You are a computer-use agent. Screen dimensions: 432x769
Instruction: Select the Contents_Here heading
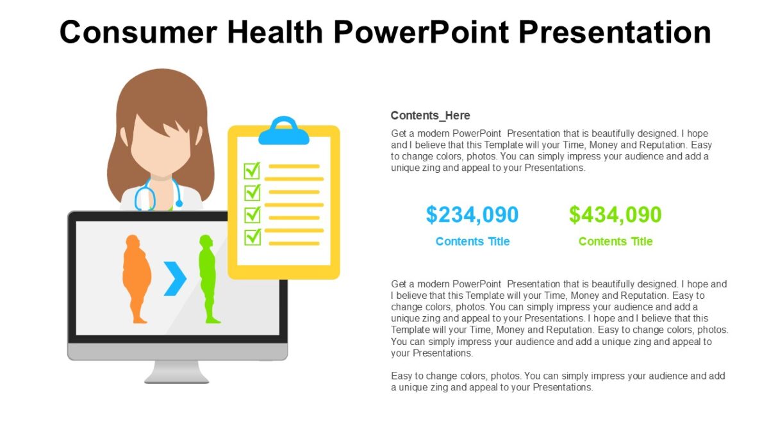[x=430, y=116]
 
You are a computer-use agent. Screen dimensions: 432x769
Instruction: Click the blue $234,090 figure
[x=472, y=215]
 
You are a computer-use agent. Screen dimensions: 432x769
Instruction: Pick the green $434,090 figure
[x=615, y=215]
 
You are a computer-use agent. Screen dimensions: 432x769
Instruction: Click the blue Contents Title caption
[x=472, y=241]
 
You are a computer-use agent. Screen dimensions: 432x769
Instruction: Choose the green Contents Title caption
[x=615, y=241]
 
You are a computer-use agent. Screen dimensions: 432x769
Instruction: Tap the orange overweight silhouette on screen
[x=136, y=275]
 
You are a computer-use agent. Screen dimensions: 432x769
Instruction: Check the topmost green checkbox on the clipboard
[x=252, y=170]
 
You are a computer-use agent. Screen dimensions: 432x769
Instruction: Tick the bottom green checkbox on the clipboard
[x=252, y=236]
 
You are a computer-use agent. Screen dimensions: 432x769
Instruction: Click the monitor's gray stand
[x=177, y=372]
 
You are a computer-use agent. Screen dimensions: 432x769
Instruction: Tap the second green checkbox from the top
[x=252, y=192]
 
